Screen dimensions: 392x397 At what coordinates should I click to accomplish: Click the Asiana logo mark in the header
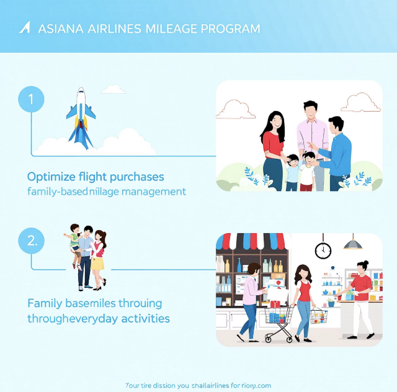tap(25, 28)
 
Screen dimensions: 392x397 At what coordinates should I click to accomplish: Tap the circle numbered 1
tap(31, 99)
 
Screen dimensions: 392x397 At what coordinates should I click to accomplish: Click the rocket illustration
tap(81, 117)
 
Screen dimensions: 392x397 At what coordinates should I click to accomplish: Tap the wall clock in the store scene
tap(323, 250)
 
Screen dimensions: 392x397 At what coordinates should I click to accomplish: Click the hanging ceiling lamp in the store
tap(352, 244)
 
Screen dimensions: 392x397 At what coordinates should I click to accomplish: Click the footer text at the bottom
tap(198, 385)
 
